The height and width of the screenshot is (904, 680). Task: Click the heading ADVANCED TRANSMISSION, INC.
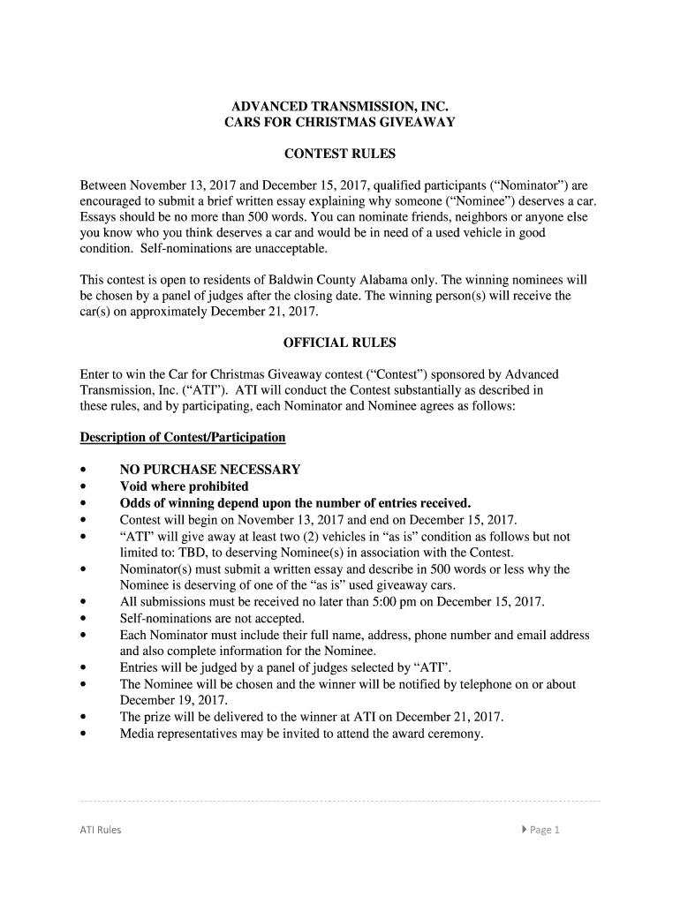click(340, 105)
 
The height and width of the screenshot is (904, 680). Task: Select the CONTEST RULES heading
click(340, 154)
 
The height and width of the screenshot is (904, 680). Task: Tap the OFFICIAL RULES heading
click(340, 342)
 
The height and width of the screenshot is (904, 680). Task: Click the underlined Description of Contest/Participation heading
click(183, 437)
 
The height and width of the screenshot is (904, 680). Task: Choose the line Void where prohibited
click(184, 486)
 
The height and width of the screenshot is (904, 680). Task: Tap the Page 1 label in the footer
click(545, 829)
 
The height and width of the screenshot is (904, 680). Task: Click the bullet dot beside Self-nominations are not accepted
click(82, 618)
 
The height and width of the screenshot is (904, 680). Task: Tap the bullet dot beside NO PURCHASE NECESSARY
click(82, 470)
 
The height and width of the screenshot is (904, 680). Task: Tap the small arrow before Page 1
click(525, 829)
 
